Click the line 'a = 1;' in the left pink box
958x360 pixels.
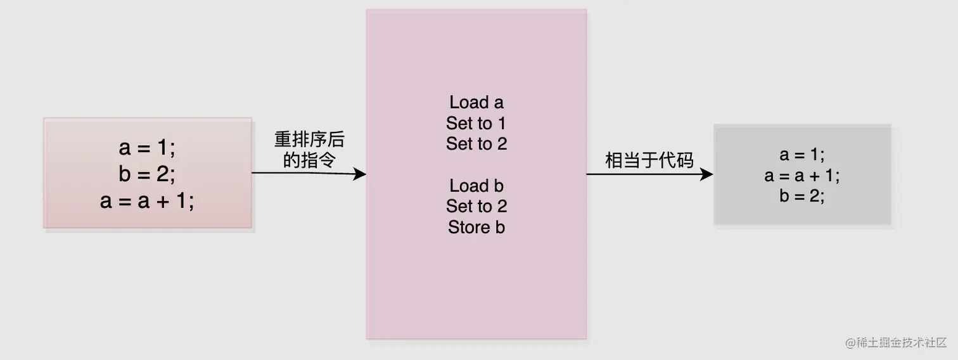147,148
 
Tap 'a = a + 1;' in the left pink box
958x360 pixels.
147,201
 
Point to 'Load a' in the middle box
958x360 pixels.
476,102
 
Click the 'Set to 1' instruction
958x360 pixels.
476,123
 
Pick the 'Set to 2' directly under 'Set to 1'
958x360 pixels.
476,144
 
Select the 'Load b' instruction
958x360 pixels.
476,186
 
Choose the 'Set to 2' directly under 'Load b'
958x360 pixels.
476,206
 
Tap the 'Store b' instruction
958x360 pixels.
476,227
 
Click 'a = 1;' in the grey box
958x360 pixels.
802,155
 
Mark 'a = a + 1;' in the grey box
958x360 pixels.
802,176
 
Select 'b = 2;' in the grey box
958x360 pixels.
802,196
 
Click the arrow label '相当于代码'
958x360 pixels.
649,160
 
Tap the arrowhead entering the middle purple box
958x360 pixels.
361,174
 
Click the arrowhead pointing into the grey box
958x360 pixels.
707,174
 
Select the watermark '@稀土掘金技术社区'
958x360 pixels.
895,343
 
